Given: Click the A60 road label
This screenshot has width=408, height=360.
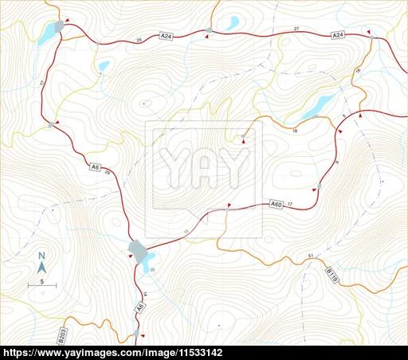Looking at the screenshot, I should point(276,205).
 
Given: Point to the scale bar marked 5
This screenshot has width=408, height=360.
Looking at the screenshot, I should point(42,283).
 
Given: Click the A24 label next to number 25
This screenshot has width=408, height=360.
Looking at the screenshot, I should point(166,37).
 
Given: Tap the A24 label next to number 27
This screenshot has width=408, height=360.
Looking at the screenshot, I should point(338,36).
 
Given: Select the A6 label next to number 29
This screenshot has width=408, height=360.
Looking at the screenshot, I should point(95,167).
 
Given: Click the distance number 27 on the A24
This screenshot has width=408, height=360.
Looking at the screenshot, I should point(296,29).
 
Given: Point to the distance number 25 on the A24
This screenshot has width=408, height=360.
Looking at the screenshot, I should point(139,39).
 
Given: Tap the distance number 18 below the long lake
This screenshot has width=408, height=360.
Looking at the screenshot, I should point(294,131).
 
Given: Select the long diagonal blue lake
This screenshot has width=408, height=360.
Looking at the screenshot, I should point(317,105).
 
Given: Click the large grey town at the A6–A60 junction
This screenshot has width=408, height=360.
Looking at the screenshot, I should point(140,252).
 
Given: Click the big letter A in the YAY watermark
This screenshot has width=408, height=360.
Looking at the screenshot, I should point(203,167).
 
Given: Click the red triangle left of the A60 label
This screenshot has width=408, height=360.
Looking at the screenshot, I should point(229,206).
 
